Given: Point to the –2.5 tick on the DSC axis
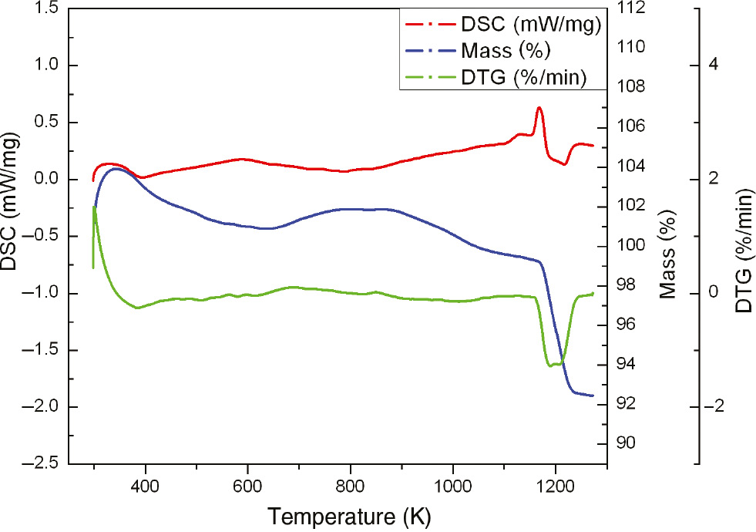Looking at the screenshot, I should (x=39, y=464).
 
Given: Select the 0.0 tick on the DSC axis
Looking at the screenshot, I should (x=47, y=180).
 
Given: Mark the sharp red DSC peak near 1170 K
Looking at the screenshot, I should (x=539, y=108).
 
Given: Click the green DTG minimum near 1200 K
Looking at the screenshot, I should (x=551, y=365).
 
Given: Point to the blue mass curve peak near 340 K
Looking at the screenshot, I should (x=115, y=169).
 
